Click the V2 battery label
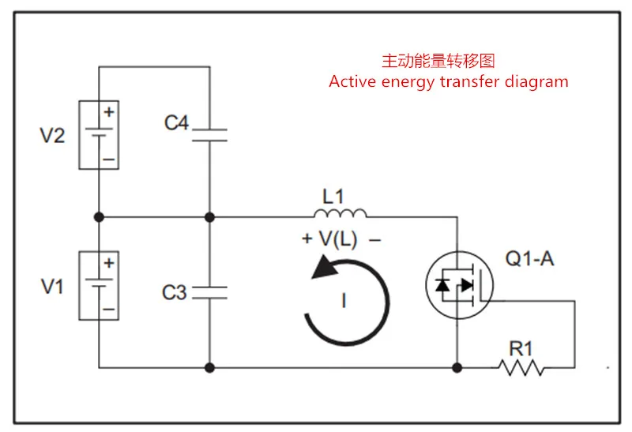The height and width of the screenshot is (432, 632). [x=52, y=135]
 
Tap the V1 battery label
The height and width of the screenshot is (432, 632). [x=52, y=287]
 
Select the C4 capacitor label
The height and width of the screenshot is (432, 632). [x=176, y=122]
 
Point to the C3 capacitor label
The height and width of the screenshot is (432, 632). [x=174, y=292]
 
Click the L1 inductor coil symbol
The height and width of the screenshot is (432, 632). [x=340, y=213]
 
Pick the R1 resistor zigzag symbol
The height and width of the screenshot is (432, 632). [x=521, y=367]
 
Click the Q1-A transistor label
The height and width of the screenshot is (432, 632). [x=529, y=258]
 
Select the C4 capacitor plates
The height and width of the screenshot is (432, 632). [x=209, y=135]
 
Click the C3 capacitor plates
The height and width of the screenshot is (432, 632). [x=209, y=292]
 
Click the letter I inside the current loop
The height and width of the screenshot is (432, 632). [x=344, y=301]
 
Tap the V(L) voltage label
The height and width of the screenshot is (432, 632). [x=338, y=239]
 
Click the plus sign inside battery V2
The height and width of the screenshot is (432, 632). [x=109, y=111]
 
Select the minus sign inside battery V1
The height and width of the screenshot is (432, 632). [x=109, y=310]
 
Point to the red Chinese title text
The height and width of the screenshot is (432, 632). [x=438, y=61]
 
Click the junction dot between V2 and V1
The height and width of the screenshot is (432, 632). [x=99, y=217]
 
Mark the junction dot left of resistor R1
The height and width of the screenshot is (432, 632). [x=457, y=367]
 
